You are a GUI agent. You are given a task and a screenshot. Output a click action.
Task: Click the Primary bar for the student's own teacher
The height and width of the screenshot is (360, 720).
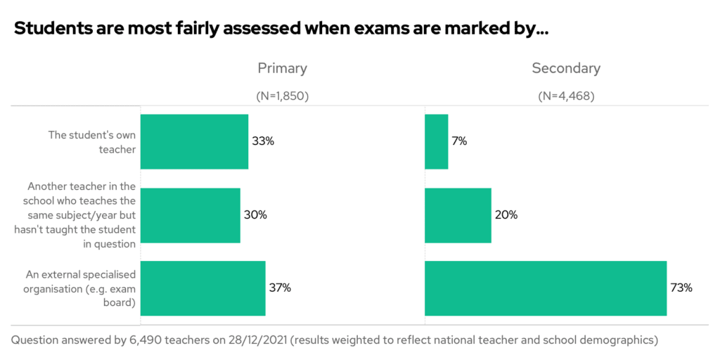point(194,141)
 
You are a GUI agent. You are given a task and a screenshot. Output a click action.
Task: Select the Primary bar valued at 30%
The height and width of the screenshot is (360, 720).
point(190,214)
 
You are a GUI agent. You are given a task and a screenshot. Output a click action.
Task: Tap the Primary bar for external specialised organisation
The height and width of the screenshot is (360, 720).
point(202,288)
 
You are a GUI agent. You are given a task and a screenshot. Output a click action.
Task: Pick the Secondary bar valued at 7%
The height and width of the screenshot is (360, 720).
point(436,141)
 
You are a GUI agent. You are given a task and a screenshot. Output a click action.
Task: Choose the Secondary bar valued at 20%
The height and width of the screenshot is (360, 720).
point(458,214)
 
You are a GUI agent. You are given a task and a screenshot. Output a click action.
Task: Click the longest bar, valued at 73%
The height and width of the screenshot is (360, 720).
point(546,288)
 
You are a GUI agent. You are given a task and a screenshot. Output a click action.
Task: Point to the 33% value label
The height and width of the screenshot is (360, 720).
point(263,141)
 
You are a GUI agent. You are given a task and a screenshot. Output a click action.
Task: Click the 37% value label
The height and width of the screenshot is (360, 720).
point(280,288)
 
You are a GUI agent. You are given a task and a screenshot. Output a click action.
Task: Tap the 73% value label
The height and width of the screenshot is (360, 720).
point(681,288)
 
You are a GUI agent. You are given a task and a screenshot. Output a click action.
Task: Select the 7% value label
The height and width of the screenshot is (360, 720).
point(460,141)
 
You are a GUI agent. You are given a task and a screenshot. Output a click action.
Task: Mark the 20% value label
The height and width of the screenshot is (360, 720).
point(506,214)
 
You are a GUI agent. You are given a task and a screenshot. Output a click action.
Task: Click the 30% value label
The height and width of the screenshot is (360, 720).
point(255,214)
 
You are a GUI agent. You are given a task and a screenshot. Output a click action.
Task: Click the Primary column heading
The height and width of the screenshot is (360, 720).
point(282,68)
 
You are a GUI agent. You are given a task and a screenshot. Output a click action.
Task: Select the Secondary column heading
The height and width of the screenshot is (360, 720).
point(566,68)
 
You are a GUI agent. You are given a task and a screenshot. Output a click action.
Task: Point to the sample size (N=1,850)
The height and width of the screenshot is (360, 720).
point(282,96)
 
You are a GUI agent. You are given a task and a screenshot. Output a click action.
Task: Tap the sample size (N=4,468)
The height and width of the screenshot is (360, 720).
point(566,96)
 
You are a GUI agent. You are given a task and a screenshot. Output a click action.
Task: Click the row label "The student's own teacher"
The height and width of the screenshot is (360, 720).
point(91,141)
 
